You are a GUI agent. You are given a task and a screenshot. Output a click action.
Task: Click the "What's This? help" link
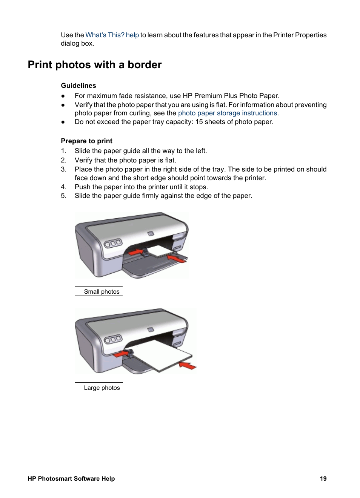point(112,35)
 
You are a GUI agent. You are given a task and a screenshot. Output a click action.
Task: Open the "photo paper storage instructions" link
point(227,113)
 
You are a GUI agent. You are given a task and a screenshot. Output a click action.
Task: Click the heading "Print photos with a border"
point(95,65)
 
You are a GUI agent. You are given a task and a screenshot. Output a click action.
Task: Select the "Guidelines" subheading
point(78,86)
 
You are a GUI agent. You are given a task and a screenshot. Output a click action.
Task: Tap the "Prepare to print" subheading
point(86,141)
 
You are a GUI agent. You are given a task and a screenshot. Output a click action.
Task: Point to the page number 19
point(323,478)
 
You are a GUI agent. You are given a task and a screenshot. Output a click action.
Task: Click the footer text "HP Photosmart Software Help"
point(71,478)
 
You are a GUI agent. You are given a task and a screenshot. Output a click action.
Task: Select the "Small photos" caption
point(102,291)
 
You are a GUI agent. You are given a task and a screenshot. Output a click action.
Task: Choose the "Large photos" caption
point(102,388)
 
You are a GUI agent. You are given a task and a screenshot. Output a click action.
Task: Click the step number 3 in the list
point(63,169)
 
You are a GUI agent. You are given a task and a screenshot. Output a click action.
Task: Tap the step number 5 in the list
point(63,196)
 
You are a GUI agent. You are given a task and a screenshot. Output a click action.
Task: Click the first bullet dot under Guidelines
point(63,96)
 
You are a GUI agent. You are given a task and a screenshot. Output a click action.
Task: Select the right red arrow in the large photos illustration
point(188,365)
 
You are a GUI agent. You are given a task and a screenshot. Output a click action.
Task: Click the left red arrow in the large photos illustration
point(122,354)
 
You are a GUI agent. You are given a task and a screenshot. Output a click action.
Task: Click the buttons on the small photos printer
point(113,244)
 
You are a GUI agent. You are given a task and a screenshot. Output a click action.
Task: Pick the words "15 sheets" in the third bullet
point(209,122)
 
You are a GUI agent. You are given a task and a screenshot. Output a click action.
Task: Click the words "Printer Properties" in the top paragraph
point(300,35)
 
